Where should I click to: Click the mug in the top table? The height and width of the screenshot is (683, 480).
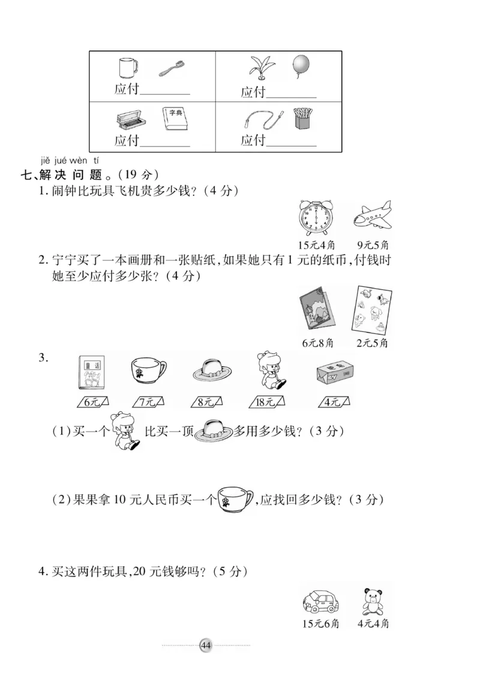(x=127, y=67)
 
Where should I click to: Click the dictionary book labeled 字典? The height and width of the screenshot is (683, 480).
(x=175, y=119)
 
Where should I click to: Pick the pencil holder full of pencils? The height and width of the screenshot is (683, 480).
(x=304, y=118)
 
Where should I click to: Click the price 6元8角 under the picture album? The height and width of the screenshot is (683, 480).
(x=319, y=343)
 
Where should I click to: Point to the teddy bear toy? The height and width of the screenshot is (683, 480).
(x=372, y=600)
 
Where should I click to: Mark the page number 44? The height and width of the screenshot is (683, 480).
(x=206, y=645)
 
